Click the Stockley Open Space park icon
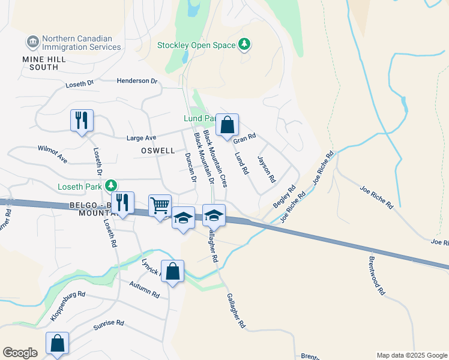[x=244, y=44]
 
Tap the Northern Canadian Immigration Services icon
[x=32, y=42]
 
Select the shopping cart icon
[x=160, y=205]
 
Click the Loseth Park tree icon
[x=110, y=186]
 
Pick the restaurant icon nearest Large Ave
[x=82, y=120]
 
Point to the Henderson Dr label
[x=136, y=80]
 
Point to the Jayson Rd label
[x=266, y=169]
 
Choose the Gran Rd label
[x=244, y=138]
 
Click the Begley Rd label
[x=285, y=196]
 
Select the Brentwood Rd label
[x=376, y=275]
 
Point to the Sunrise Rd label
[x=108, y=326]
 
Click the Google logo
[x=20, y=353]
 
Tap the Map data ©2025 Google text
[x=412, y=355]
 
